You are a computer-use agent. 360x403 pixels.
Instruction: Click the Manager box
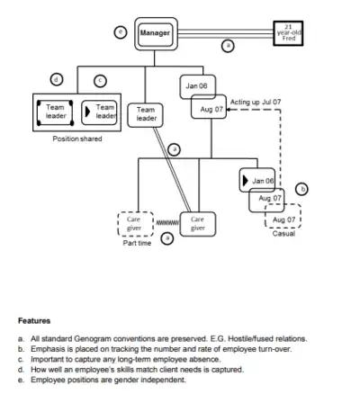click(155, 33)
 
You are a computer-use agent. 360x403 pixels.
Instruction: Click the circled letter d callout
click(57, 79)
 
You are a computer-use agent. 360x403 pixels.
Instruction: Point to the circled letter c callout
click(100, 79)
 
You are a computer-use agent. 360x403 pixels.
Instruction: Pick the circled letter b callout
click(302, 190)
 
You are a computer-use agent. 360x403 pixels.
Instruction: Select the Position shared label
click(77, 139)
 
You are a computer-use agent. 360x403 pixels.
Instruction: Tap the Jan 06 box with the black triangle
click(257, 180)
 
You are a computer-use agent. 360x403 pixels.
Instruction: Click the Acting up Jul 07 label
click(256, 102)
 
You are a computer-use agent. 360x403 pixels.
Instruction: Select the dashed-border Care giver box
click(134, 223)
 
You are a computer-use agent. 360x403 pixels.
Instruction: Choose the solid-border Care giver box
click(197, 223)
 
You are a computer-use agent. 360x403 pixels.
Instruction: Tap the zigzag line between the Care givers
click(166, 221)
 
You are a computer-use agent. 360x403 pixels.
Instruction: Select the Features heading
click(34, 320)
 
